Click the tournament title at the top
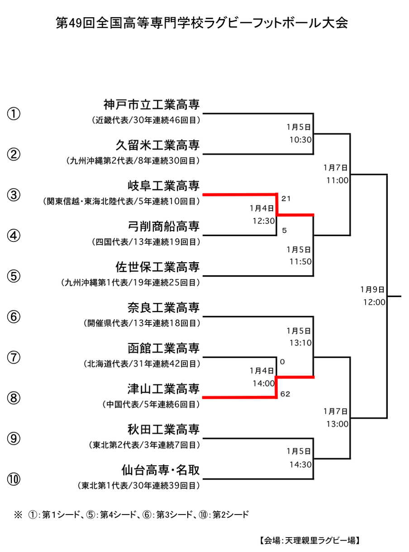click(x=202, y=23)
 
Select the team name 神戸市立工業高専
click(x=152, y=104)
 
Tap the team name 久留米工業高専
click(x=157, y=145)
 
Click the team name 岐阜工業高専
click(x=164, y=186)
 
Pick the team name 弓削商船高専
click(x=164, y=226)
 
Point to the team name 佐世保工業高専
click(x=157, y=267)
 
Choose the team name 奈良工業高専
click(x=164, y=307)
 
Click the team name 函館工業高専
click(x=164, y=348)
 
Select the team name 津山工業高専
click(x=164, y=389)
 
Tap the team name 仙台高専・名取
click(x=161, y=470)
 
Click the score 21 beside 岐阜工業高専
click(x=286, y=198)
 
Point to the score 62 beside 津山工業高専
click(x=285, y=394)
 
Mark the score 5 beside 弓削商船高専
click(x=285, y=231)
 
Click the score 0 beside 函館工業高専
click(x=282, y=362)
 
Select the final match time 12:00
click(x=374, y=302)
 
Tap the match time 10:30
click(x=301, y=140)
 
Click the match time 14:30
click(x=301, y=465)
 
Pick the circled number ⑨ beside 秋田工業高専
click(x=14, y=439)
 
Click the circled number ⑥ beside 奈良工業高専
click(x=14, y=317)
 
